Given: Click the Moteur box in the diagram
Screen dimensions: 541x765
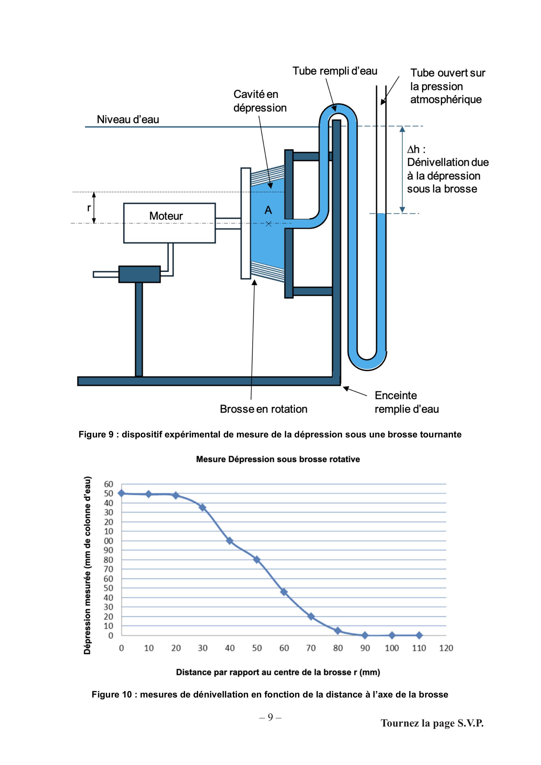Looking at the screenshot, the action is [x=169, y=223].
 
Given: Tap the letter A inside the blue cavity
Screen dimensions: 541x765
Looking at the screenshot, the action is [x=268, y=210].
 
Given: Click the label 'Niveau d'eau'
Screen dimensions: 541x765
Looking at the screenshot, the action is [x=128, y=119].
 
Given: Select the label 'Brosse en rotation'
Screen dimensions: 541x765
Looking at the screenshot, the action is [x=264, y=409].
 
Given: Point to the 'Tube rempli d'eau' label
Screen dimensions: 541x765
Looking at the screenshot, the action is [x=335, y=71].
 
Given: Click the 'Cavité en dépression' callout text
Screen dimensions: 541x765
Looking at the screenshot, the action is [x=260, y=101].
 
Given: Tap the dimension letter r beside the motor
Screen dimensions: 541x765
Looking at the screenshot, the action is [x=89, y=208].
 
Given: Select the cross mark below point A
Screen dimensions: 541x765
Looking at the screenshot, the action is [x=268, y=224].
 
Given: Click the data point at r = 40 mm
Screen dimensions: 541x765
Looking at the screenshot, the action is [x=230, y=541].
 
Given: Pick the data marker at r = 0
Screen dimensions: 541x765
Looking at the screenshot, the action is [x=122, y=493].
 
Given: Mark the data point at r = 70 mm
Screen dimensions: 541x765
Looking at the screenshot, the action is [x=311, y=616].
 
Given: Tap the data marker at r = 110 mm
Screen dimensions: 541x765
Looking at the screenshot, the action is [x=419, y=635].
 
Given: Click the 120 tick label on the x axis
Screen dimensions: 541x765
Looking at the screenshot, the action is [x=446, y=648].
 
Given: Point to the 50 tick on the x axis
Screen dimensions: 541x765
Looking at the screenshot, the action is [x=257, y=648].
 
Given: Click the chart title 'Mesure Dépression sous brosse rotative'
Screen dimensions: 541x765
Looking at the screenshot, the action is [x=278, y=459].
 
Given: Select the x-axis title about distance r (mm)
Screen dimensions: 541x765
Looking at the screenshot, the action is [x=278, y=672].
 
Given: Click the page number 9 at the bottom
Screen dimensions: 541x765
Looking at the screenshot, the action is [x=270, y=717].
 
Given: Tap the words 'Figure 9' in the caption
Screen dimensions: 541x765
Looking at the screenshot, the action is [x=96, y=435].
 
